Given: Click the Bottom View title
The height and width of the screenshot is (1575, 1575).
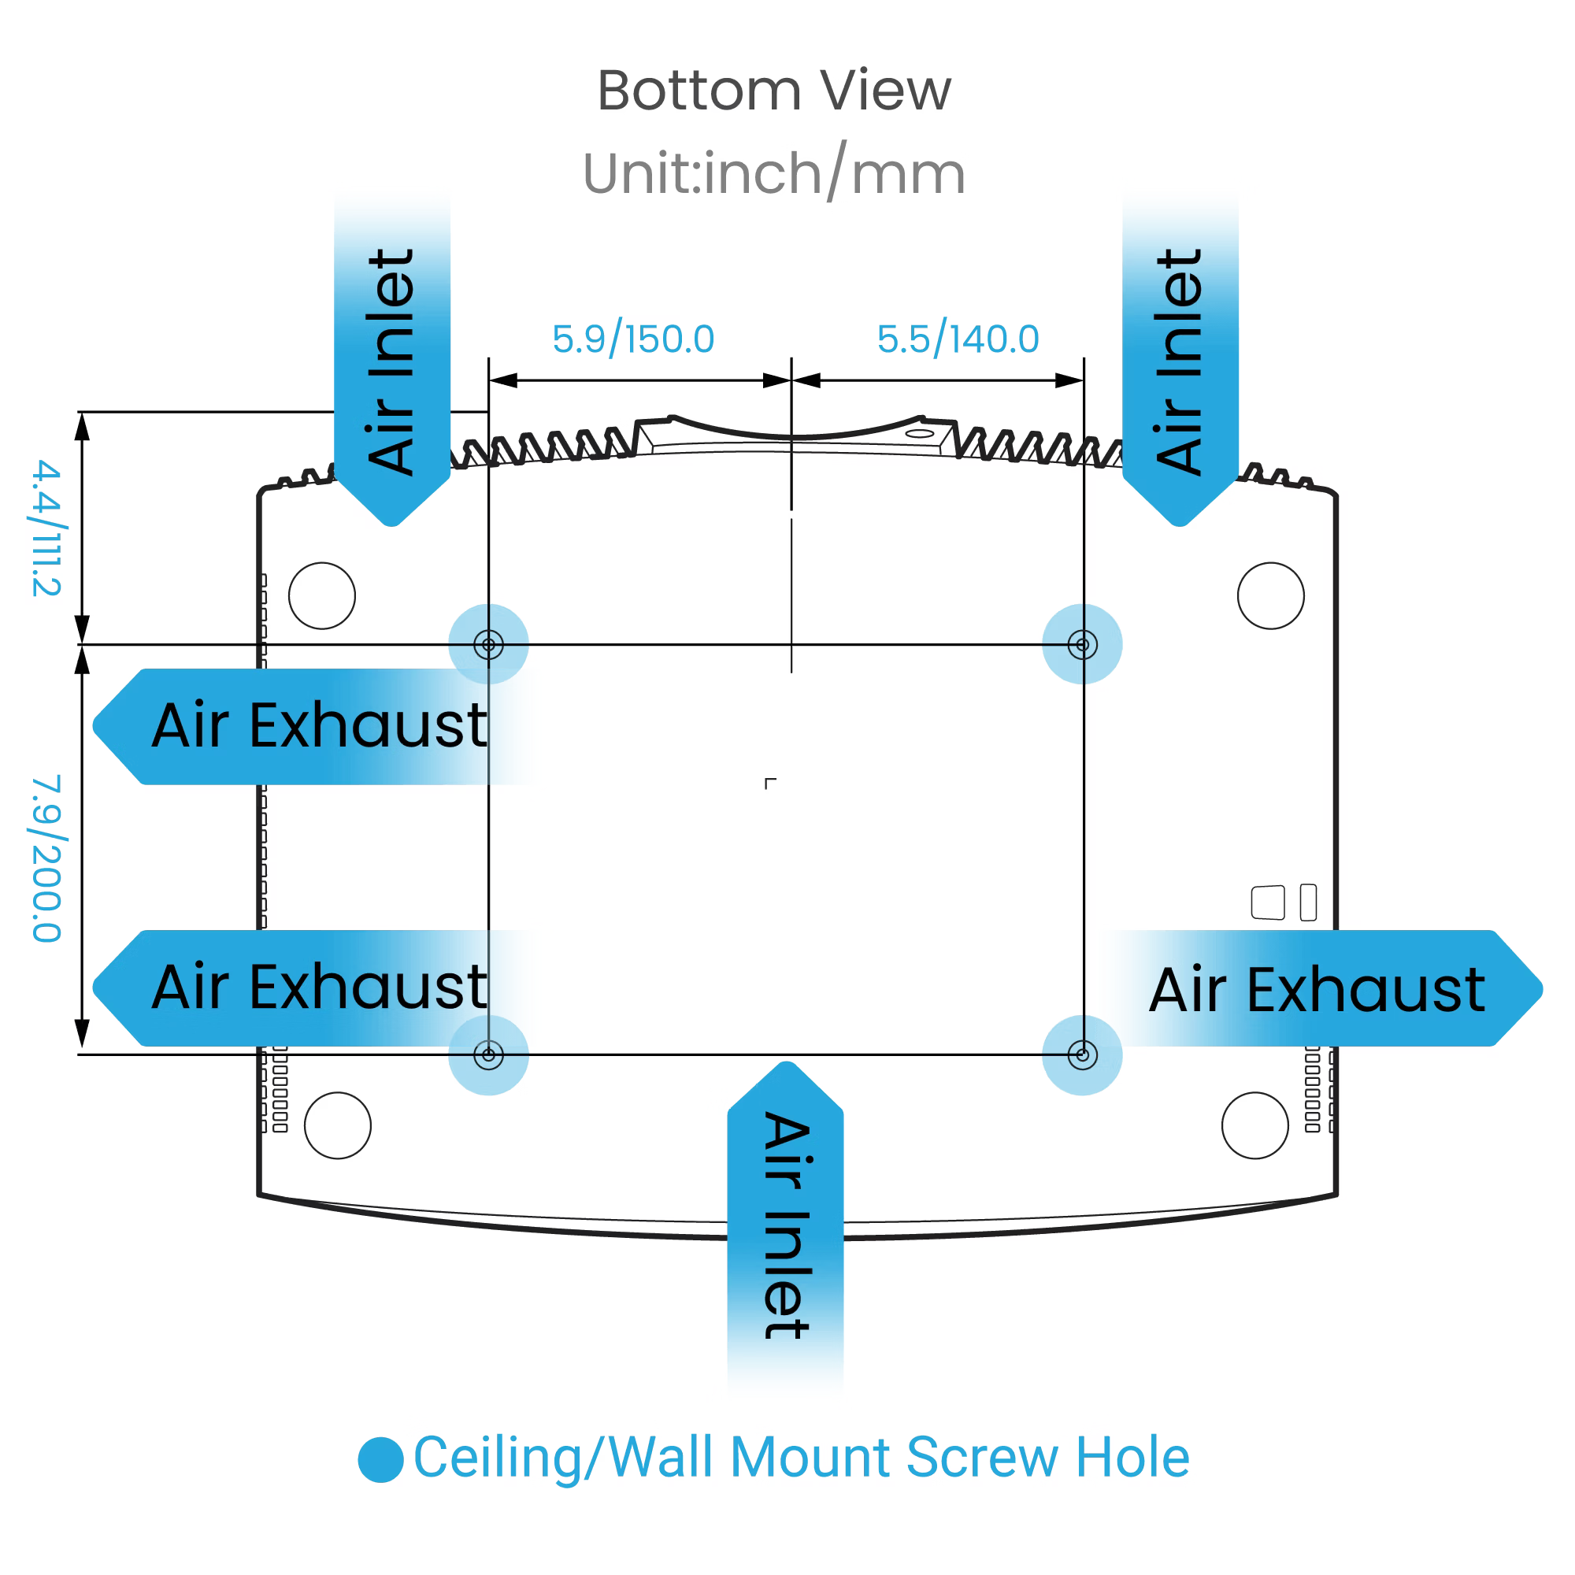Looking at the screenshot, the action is pos(773,91).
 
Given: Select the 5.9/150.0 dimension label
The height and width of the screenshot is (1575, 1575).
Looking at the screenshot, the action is pos(632,339).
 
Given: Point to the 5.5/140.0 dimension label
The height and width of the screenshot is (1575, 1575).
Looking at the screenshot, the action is pos(958,339).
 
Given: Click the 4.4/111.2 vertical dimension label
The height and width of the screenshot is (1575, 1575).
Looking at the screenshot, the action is pos(46,528).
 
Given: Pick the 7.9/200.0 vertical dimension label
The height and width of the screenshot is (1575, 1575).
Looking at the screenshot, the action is pos(46,859).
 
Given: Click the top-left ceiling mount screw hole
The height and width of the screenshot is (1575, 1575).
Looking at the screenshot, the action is pos(488,645).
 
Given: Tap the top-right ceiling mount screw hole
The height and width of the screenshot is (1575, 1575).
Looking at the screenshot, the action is pos(1083,645).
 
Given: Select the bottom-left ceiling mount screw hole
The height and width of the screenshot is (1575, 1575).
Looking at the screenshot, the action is pos(488,1056).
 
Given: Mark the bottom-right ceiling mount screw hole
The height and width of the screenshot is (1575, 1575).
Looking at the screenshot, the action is pos(1083,1056).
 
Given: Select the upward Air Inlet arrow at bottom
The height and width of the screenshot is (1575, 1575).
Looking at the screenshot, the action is pos(785,1223).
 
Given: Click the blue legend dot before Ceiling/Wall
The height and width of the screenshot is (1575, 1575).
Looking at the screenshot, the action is pos(380,1459).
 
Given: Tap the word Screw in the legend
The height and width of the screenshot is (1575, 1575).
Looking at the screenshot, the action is pos(982,1458).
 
